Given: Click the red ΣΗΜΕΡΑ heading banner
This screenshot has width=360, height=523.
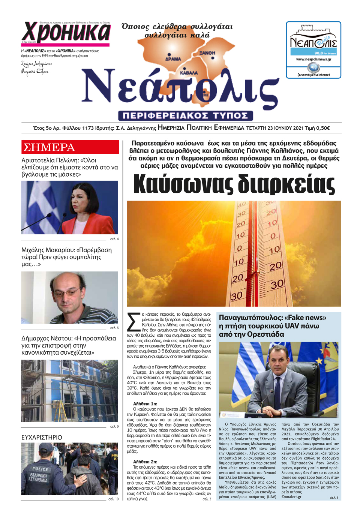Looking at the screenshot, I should (x=70, y=147).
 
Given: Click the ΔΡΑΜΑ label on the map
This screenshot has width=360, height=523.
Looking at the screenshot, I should (x=173, y=59).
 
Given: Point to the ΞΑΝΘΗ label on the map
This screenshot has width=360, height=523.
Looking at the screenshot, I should (x=207, y=53).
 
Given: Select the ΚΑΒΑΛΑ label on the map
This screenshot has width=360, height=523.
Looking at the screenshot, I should (x=189, y=73).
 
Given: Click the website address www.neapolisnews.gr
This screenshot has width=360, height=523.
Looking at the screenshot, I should (x=313, y=59).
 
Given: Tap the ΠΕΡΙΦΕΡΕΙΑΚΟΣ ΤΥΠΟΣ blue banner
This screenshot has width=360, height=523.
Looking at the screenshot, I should (x=185, y=115).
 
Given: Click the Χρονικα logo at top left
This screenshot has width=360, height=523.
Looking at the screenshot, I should (x=66, y=33).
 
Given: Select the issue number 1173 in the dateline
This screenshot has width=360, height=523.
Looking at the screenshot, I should (x=88, y=128).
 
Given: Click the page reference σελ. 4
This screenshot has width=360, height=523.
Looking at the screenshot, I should (x=114, y=239).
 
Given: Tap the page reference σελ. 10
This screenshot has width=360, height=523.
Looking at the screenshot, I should (x=113, y=499).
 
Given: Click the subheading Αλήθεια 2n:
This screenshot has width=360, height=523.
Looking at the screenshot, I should (x=145, y=462).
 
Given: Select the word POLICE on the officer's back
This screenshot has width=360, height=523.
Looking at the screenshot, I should (x=40, y=469).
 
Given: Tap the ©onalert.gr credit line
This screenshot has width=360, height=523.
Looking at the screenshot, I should (x=291, y=497).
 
